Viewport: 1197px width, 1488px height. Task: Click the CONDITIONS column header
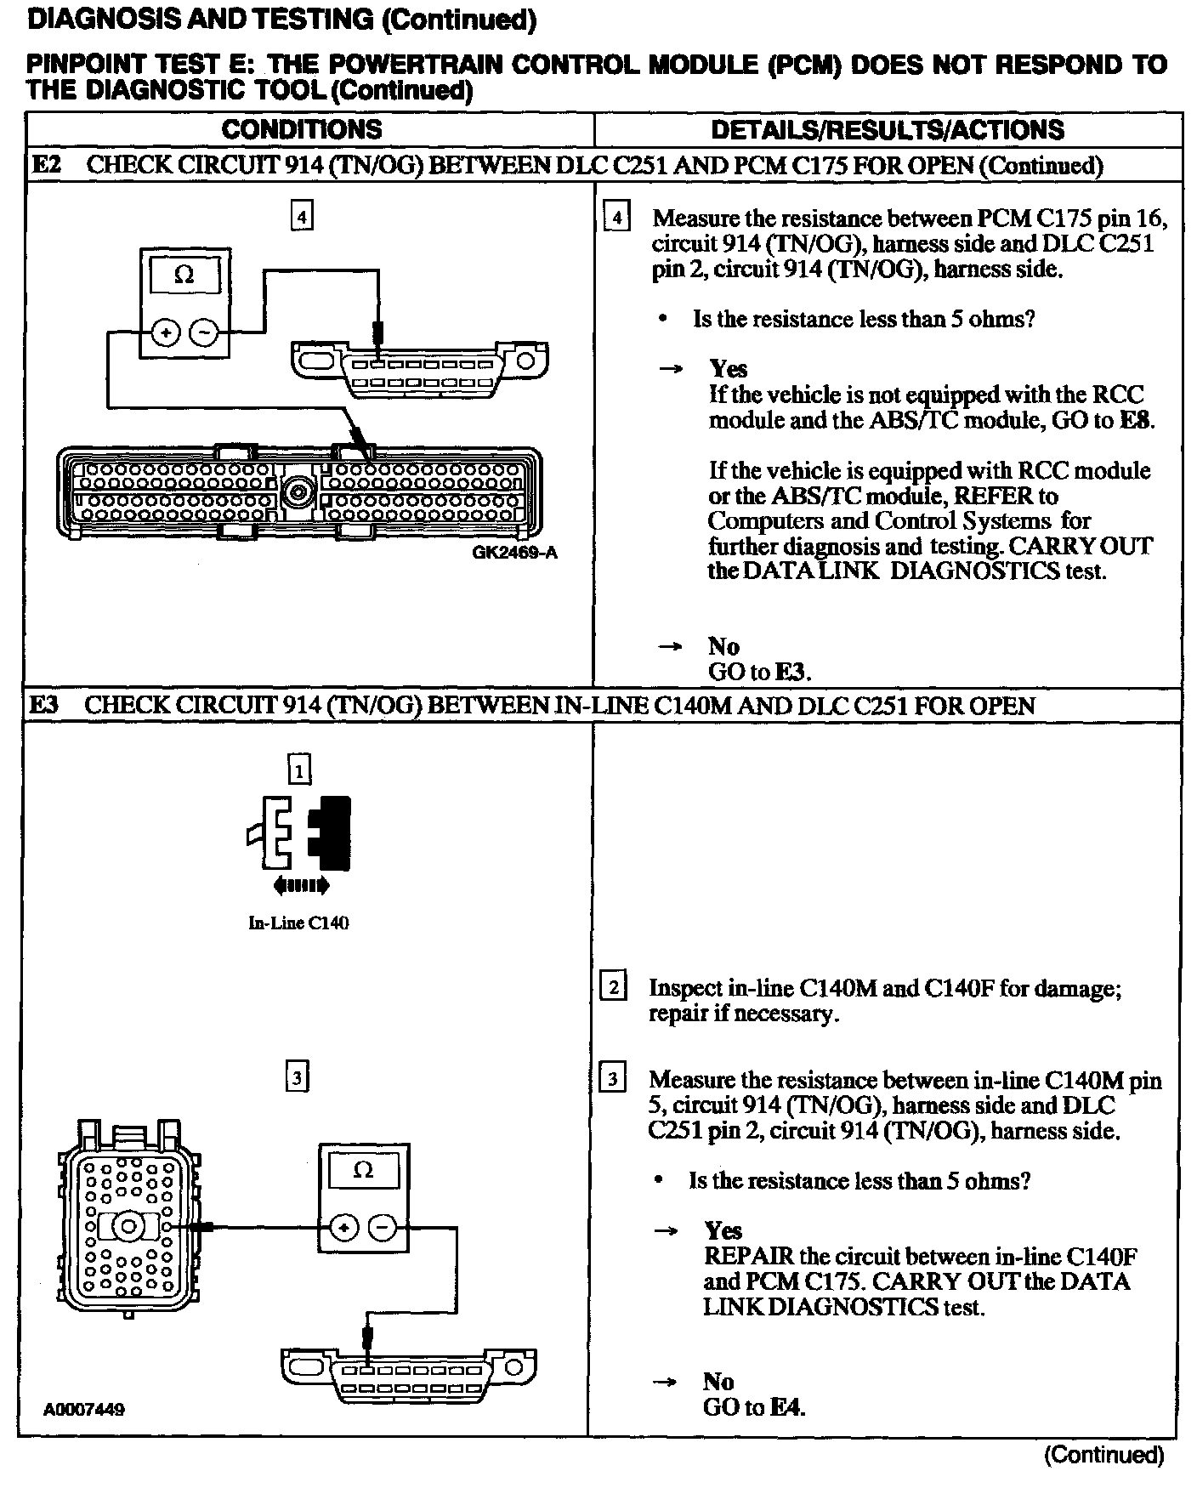pos(302,129)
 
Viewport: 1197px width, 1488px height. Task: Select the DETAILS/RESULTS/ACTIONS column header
pos(887,129)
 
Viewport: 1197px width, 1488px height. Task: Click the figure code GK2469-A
pos(514,554)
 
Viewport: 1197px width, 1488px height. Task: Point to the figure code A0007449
pos(84,1409)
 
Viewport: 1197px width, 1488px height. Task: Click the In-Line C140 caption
pos(298,923)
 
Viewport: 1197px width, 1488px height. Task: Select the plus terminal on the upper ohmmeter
pos(166,333)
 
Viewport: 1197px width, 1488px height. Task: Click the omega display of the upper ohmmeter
pos(184,275)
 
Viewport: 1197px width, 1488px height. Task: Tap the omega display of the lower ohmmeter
pos(363,1170)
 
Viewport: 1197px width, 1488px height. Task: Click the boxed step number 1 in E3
pos(299,770)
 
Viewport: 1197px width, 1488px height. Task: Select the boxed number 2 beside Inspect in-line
pos(613,988)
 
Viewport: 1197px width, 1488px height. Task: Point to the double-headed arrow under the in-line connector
pos(301,886)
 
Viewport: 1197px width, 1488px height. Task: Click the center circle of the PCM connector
pos(298,491)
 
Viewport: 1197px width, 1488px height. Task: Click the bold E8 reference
pos(1137,420)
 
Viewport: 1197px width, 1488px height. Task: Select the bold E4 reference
pos(786,1407)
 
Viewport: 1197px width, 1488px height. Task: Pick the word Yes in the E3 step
pos(723,1230)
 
